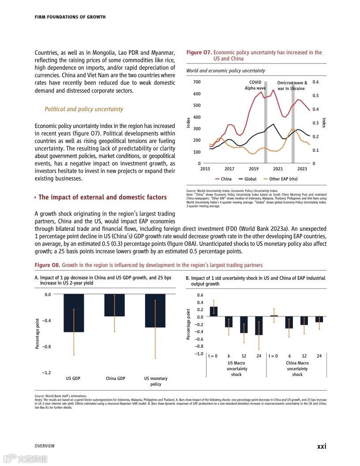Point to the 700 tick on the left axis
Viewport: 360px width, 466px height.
[x=197, y=82]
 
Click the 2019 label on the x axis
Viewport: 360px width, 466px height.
[x=254, y=169]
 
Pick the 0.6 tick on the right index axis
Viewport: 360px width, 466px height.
[x=315, y=82]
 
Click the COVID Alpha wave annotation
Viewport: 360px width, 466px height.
[x=255, y=85]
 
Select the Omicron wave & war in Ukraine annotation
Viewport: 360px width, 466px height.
[x=292, y=86]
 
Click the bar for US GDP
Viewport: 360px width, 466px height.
[x=74, y=313]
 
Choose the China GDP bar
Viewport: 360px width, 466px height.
[x=115, y=305]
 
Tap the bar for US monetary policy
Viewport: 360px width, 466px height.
[x=155, y=311]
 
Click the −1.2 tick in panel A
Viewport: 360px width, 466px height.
[x=46, y=373]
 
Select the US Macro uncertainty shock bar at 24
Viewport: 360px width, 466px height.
[x=259, y=326]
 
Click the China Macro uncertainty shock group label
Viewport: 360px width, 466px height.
[x=297, y=368]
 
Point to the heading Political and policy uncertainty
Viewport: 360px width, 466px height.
[x=84, y=109]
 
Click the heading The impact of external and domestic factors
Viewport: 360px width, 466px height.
[x=102, y=197]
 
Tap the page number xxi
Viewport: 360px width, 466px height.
[x=322, y=446]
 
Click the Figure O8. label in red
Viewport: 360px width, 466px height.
[x=47, y=265]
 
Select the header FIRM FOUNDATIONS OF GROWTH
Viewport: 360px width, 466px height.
[x=70, y=17]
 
